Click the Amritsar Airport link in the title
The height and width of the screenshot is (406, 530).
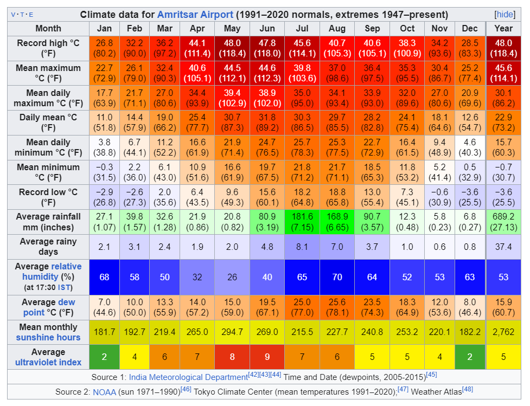(195, 15)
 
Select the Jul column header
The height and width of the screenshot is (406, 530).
(303, 28)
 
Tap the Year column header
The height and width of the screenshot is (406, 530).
(503, 28)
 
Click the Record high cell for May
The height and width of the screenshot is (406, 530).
(232, 48)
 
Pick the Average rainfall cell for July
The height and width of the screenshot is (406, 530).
(303, 222)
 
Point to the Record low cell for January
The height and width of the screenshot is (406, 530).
(104, 197)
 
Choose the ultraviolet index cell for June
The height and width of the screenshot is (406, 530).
(267, 357)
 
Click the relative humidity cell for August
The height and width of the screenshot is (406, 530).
(337, 277)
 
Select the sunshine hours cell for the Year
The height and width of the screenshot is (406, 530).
(503, 332)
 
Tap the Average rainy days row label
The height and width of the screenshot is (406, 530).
(48, 247)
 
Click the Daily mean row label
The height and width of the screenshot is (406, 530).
(48, 123)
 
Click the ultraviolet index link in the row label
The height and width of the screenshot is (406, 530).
(48, 362)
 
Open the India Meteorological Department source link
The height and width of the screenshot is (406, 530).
(188, 377)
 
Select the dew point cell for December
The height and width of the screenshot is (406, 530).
(470, 307)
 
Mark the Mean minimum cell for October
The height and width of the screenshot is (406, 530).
(407, 172)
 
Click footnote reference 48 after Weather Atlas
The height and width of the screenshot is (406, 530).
(468, 389)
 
